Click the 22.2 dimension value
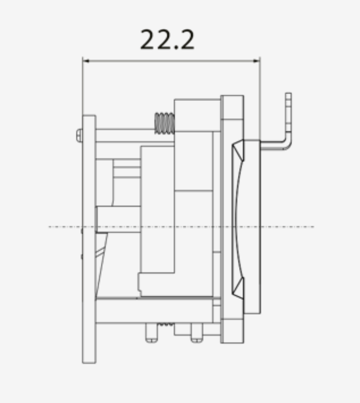tap(167, 39)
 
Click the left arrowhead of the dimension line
tap(86, 61)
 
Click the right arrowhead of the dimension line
tap(256, 61)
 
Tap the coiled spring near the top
tap(164, 123)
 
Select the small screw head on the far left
tap(79, 136)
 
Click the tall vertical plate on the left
tap(89, 239)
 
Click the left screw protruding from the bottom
tap(152, 332)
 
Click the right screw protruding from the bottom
tap(197, 332)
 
